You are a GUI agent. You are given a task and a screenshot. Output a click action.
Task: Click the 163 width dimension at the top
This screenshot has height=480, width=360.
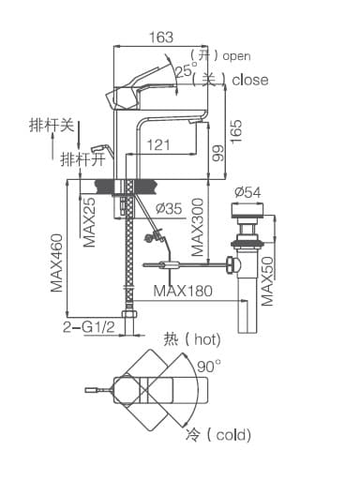[x=161, y=37]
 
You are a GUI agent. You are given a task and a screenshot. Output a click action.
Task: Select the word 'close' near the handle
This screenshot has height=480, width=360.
[x=249, y=80]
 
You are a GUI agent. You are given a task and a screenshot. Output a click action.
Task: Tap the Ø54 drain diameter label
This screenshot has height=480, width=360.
[x=247, y=191]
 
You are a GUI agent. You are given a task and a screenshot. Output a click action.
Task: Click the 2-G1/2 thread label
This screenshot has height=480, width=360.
[x=88, y=328]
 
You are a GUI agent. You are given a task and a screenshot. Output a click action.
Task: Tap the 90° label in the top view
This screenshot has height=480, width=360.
[x=209, y=365]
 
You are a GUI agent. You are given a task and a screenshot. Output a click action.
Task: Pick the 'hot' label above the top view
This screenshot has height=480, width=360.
[x=205, y=338]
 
